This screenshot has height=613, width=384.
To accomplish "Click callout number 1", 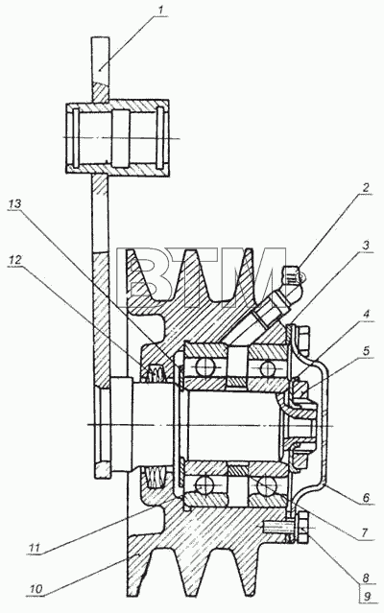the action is pos(160,10).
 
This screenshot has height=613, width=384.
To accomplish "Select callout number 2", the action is pos(365,187).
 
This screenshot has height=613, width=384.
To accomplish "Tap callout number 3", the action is pos(366,246).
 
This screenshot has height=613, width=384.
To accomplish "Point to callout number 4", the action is pos(367,314).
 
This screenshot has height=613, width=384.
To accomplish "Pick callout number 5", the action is pos(366,351).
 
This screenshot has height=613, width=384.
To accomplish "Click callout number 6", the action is pos(366,498).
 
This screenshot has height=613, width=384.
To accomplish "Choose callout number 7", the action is pos(364,532).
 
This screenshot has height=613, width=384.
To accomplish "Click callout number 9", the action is pos(367,597).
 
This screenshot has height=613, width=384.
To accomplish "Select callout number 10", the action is pos(35,588).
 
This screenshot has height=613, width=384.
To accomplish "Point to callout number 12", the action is pos(14,260).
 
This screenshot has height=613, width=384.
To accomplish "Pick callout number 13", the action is pos(14,203).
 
